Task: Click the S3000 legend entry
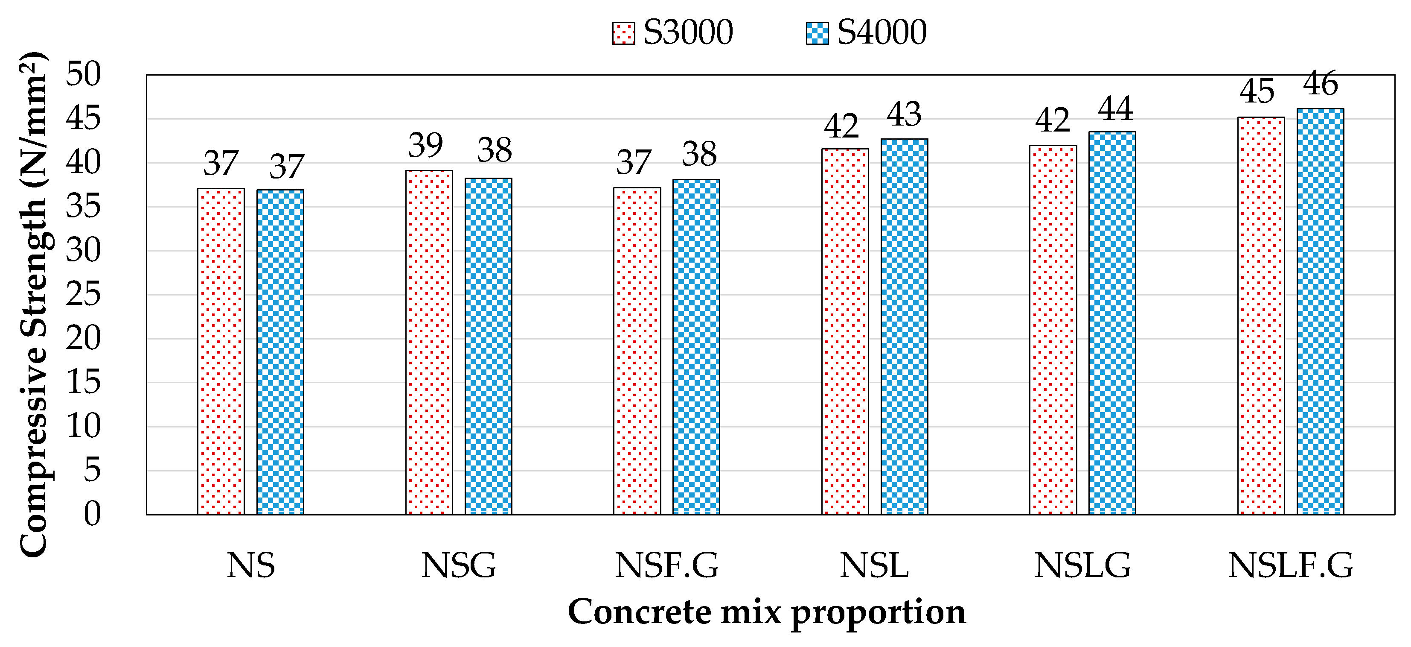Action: [672, 32]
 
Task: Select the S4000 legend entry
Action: [867, 32]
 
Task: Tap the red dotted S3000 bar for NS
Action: [221, 351]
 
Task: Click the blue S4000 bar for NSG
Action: [488, 345]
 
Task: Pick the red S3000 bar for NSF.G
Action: [637, 351]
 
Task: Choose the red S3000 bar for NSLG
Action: [1053, 329]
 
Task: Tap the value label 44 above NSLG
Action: [1115, 108]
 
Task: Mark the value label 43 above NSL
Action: [904, 114]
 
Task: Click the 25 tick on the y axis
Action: [83, 294]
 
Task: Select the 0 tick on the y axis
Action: [92, 514]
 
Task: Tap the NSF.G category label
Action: [666, 565]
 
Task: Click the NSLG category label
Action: [1082, 565]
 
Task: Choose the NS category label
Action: [250, 565]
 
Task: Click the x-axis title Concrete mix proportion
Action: [766, 612]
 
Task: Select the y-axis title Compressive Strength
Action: [34, 304]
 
